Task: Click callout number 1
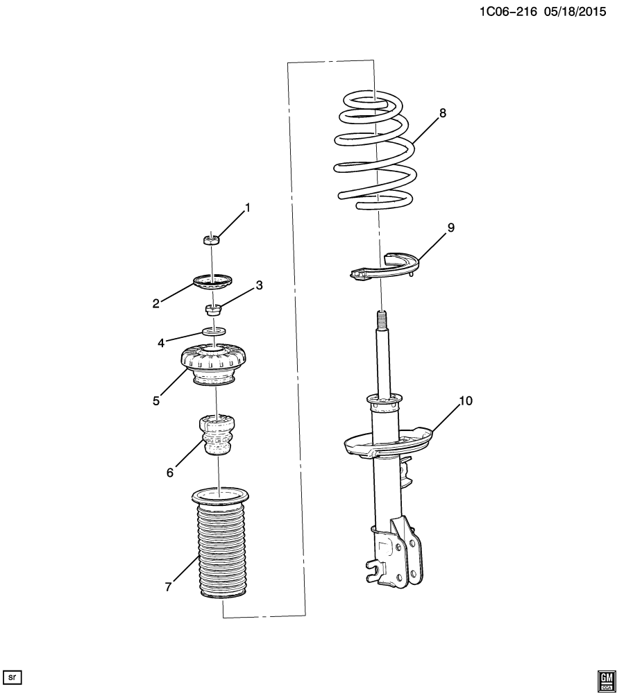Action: (247, 208)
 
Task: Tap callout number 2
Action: (155, 304)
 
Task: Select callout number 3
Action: (259, 285)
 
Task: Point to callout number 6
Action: (170, 473)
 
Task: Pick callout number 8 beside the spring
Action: (443, 113)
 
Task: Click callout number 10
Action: (466, 401)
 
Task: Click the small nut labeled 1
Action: (212, 240)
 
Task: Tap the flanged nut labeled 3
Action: (213, 309)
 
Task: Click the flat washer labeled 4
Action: (213, 331)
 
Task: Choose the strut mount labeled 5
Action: (214, 366)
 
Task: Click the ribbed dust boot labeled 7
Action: (220, 543)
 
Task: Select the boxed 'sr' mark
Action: (12, 677)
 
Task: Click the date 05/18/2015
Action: (575, 11)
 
